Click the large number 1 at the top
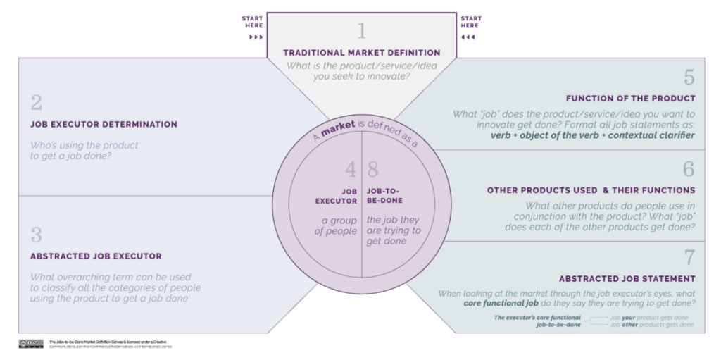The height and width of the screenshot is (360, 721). (362, 31)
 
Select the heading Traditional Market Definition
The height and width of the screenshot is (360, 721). (362, 52)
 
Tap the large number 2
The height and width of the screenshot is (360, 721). (37, 102)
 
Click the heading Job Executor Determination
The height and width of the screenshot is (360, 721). (104, 125)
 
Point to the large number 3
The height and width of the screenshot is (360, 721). (37, 235)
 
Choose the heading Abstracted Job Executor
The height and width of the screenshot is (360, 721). (96, 256)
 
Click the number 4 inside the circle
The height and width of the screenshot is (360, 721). (350, 169)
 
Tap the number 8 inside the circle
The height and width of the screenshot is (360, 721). (375, 169)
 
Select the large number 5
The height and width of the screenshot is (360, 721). (689, 77)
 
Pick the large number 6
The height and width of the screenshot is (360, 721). (689, 169)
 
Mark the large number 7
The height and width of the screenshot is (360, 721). (689, 256)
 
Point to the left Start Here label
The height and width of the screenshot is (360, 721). (253, 22)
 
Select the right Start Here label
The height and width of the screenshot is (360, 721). (471, 22)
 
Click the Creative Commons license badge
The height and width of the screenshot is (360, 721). (31, 344)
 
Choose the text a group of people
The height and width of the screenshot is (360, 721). (335, 226)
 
